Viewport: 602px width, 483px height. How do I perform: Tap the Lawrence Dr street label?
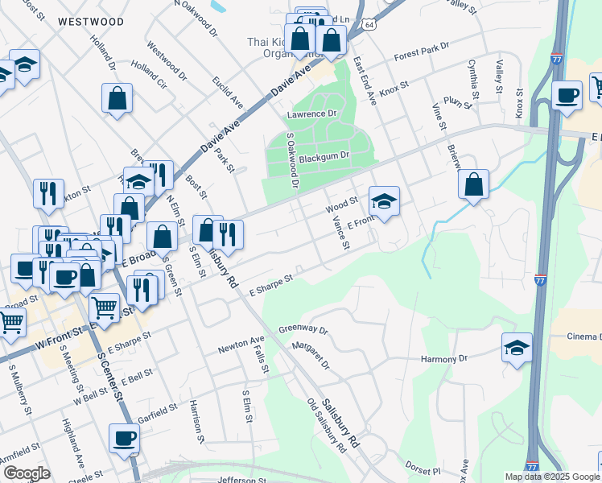point(311,115)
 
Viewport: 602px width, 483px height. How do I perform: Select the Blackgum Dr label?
point(323,158)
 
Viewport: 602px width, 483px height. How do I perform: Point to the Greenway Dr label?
point(303,329)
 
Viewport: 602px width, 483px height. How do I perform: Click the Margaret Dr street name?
point(311,353)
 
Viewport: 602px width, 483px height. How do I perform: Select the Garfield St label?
point(157,411)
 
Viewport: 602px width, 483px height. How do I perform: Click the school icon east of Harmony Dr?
point(517,347)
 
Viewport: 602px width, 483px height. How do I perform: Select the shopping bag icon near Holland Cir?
point(118,98)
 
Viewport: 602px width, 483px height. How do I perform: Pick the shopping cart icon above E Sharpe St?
point(104,307)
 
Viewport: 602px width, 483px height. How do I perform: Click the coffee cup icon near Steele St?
point(124,438)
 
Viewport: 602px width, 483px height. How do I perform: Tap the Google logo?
point(27,473)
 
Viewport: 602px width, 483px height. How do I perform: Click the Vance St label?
point(341,233)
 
